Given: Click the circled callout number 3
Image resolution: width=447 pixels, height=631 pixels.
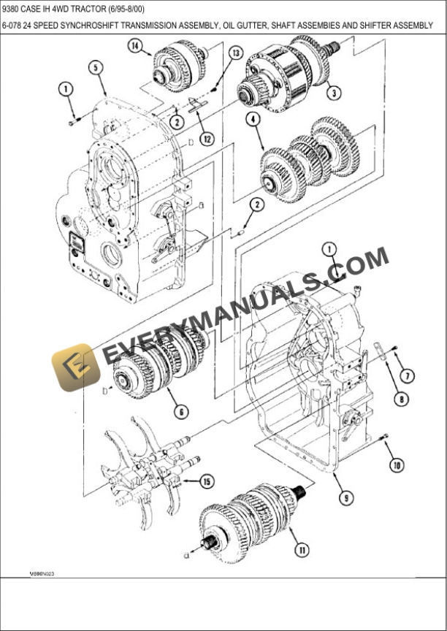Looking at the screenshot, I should pos(333,93).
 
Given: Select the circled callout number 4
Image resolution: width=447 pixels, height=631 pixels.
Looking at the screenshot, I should pos(253,119).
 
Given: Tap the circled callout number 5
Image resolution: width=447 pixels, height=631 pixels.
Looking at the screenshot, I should pos(96,68).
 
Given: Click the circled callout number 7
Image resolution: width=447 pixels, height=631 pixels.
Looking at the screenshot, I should pos(408,375).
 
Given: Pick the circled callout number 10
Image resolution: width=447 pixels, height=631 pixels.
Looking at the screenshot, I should pos(396,464).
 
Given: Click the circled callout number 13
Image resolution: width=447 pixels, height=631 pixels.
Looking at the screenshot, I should pos(235,53).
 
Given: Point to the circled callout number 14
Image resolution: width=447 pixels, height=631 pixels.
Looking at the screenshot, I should pos(136,46).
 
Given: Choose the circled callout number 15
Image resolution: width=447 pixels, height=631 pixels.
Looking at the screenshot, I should pos(207,481).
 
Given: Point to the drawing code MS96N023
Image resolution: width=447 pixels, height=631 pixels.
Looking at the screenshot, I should pos(42,574).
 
